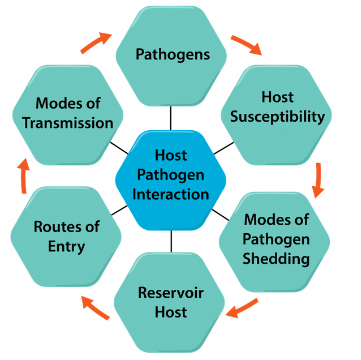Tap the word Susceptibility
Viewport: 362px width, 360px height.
[x=278, y=117]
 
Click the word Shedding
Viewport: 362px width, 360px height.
[x=276, y=259]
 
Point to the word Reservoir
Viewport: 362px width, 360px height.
[x=171, y=293]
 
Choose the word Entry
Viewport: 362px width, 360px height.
[x=67, y=246]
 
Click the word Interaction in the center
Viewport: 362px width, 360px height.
[x=171, y=194]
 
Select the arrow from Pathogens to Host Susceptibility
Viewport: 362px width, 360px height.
[x=246, y=45]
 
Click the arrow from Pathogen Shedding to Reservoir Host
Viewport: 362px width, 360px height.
[x=242, y=308]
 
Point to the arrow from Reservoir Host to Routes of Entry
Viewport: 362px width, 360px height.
[x=95, y=307]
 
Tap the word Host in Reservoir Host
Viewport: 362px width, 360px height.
[x=171, y=311]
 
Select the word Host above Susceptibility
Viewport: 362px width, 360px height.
[x=278, y=97]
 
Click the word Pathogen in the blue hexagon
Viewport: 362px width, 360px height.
[x=171, y=174]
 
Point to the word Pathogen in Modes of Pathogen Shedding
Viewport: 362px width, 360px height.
[x=276, y=239]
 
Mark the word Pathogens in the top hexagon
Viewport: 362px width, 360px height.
[x=173, y=54]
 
